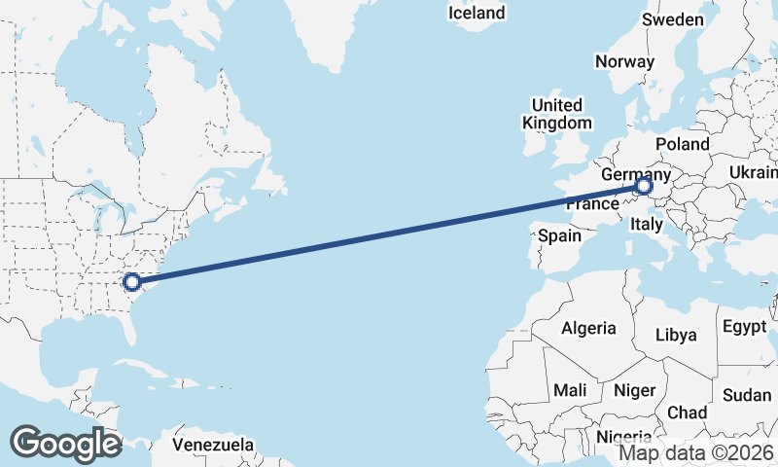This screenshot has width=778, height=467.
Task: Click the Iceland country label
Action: [477, 13]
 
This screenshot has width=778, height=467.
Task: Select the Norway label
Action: [624, 60]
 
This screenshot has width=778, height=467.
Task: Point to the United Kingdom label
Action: [556, 114]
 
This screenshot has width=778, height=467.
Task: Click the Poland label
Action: [683, 143]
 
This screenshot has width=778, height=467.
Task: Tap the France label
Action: [592, 205]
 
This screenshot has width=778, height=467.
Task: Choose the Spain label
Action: [559, 235]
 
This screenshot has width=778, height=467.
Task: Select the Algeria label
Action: [587, 328]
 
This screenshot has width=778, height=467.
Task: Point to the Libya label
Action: [676, 335]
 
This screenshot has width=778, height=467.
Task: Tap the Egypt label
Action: [745, 327]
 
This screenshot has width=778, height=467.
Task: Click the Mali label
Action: [569, 390]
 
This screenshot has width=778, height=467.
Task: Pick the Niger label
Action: [634, 390]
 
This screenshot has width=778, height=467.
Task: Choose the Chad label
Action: [688, 413]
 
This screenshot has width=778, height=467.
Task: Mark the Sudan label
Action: [747, 395]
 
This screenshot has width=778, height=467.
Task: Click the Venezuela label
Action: [213, 445]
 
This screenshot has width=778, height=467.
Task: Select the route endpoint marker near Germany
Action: [644, 185]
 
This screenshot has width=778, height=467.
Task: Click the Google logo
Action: [65, 443]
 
